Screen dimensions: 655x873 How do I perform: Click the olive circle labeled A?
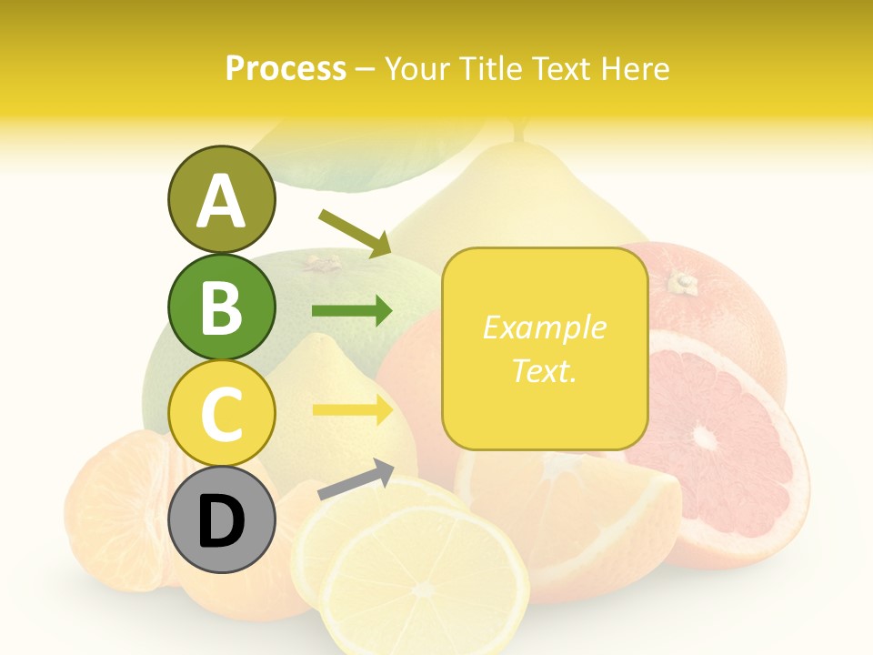click(221, 200)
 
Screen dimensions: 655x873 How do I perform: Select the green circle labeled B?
click(221, 307)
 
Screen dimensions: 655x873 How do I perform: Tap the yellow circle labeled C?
click(221, 413)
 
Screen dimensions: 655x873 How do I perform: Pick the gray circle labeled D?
click(221, 520)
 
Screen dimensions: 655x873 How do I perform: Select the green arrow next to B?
click(352, 311)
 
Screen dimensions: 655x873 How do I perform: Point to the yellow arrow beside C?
click(352, 409)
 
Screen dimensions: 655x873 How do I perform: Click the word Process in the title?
click(286, 69)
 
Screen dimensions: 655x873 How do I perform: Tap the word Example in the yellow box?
click(544, 327)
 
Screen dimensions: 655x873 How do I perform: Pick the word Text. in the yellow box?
click(544, 370)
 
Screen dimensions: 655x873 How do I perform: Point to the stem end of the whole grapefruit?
click(682, 283)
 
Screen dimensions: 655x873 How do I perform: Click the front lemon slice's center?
click(423, 589)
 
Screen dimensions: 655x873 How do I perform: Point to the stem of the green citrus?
click(320, 264)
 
